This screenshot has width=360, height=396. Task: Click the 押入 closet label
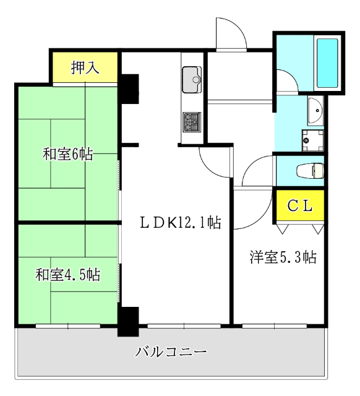tap(85, 67)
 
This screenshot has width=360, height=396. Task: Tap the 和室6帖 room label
tap(67, 154)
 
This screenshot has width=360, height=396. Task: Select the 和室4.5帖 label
tap(67, 275)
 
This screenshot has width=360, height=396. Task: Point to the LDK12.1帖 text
tap(181, 223)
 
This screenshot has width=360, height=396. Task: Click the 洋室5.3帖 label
tap(283, 257)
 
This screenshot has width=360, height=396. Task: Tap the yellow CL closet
tap(300, 205)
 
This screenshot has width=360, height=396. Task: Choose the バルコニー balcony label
tap(171, 352)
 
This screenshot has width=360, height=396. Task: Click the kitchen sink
tap(192, 80)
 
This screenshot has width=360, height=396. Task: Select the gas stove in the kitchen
tap(192, 122)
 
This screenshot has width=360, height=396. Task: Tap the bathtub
tap(327, 63)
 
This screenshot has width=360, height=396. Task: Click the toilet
tap(311, 171)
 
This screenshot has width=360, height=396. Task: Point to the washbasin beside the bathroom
tap(315, 111)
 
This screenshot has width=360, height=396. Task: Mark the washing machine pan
tap(313, 140)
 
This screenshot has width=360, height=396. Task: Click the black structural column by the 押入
tap(130, 89)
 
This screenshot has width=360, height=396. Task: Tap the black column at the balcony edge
tap(128, 322)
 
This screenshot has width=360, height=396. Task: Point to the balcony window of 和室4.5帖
tap(68, 326)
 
